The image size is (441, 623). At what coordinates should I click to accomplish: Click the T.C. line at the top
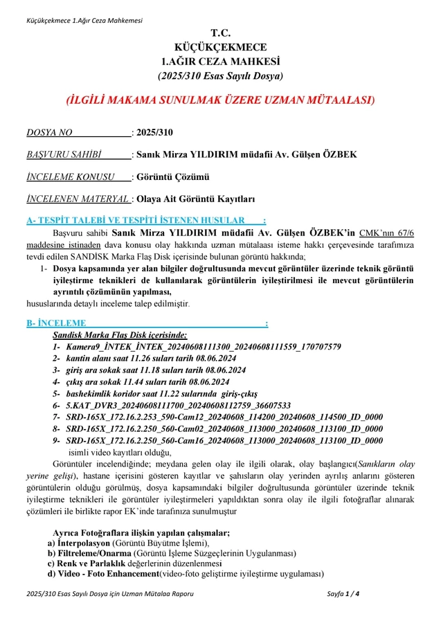tap(220, 33)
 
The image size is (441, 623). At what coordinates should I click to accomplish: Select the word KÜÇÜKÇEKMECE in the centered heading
tap(220, 47)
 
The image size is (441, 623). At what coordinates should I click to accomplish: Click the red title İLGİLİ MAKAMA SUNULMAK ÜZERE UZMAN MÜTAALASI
tap(220, 100)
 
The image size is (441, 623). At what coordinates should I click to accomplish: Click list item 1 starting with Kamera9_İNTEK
tap(201, 346)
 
